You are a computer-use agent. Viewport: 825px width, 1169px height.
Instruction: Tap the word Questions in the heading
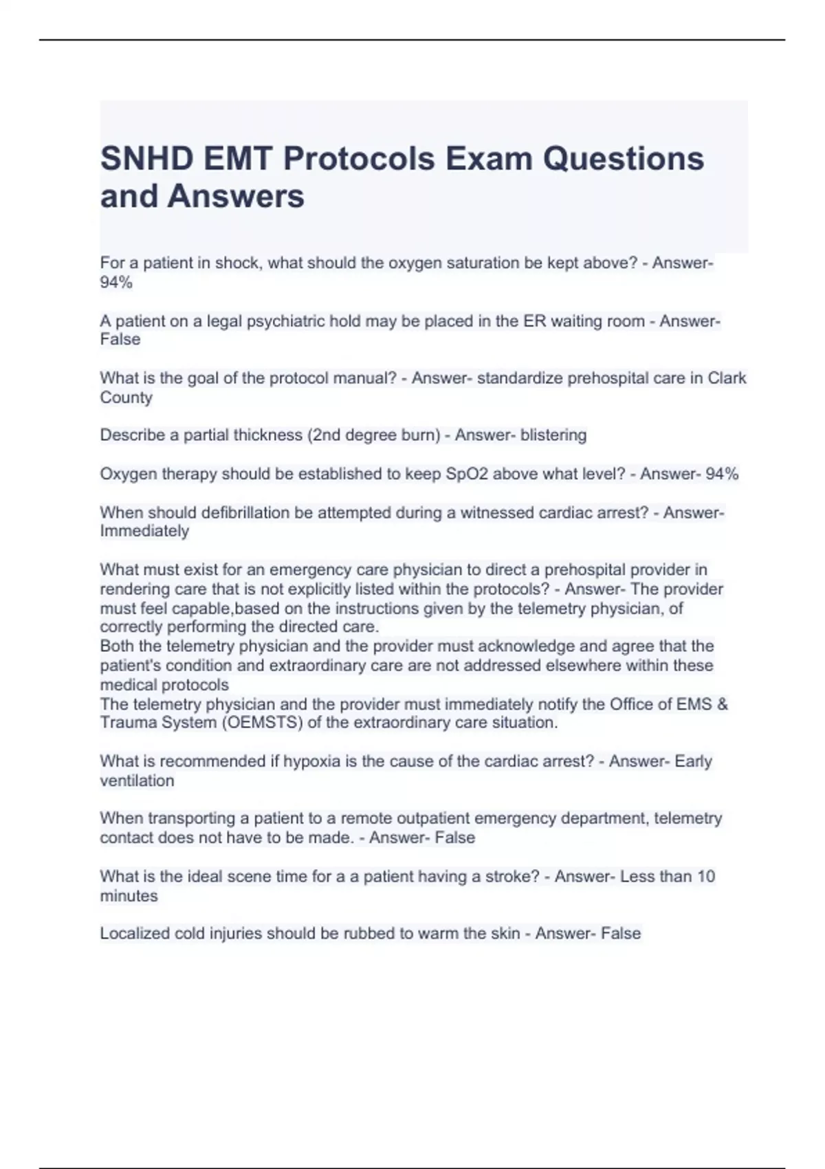click(623, 159)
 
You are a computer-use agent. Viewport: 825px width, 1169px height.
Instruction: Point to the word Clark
click(727, 378)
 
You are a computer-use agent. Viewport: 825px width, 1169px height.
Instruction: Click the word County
click(126, 397)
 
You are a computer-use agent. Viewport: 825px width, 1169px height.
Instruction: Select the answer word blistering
click(553, 435)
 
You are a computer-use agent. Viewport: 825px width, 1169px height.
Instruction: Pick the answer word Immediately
click(144, 531)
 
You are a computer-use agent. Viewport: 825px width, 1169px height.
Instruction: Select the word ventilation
click(137, 780)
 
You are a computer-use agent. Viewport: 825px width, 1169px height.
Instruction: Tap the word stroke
click(505, 877)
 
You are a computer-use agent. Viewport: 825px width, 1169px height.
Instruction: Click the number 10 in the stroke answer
click(706, 877)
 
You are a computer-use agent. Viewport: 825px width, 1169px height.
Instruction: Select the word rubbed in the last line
click(368, 934)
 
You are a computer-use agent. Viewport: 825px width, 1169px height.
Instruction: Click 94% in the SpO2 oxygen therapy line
click(722, 474)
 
